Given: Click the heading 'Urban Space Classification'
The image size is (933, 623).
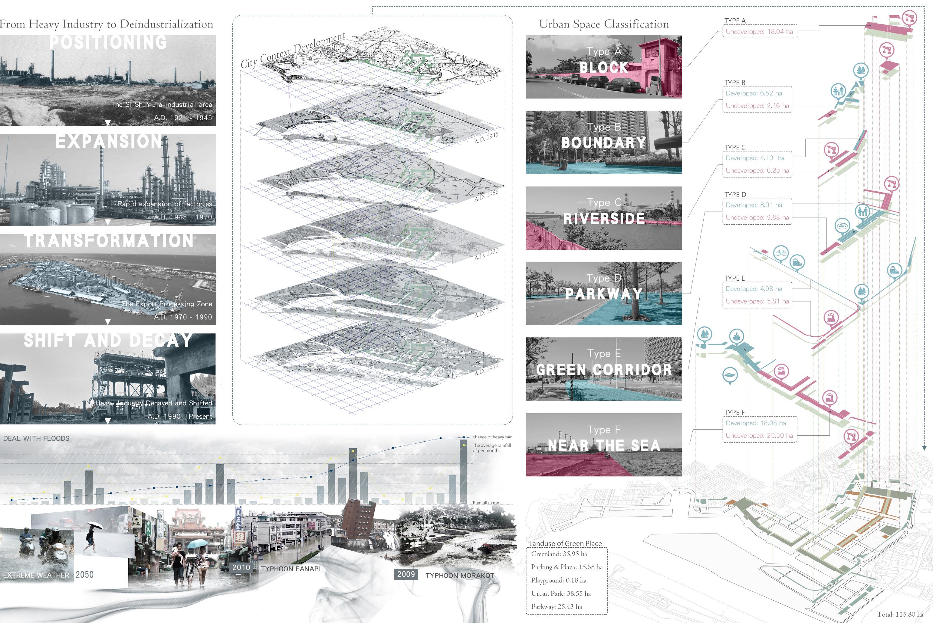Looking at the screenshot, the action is [x=604, y=24].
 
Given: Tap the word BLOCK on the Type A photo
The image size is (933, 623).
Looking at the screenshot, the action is [x=604, y=67].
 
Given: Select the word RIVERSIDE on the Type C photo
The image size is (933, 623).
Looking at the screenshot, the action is [x=604, y=219].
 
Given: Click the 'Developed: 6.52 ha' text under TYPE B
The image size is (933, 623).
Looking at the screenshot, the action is [x=754, y=93].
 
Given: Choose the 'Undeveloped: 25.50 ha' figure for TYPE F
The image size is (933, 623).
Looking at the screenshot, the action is [x=759, y=436].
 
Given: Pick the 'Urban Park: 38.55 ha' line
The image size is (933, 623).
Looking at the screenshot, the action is [x=561, y=593].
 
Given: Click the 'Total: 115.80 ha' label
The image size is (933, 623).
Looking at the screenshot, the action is [x=900, y=614].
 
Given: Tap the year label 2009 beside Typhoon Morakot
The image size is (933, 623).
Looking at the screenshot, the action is [x=406, y=574].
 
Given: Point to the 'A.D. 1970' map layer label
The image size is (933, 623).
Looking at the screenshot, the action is [x=486, y=254].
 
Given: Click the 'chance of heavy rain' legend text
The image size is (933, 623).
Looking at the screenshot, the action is [x=492, y=437].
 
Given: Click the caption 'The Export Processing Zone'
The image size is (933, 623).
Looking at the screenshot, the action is [x=167, y=304].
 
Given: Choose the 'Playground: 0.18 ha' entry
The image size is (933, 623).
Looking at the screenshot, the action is [x=558, y=580].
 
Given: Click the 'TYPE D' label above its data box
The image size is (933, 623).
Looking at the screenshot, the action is [x=735, y=195].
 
